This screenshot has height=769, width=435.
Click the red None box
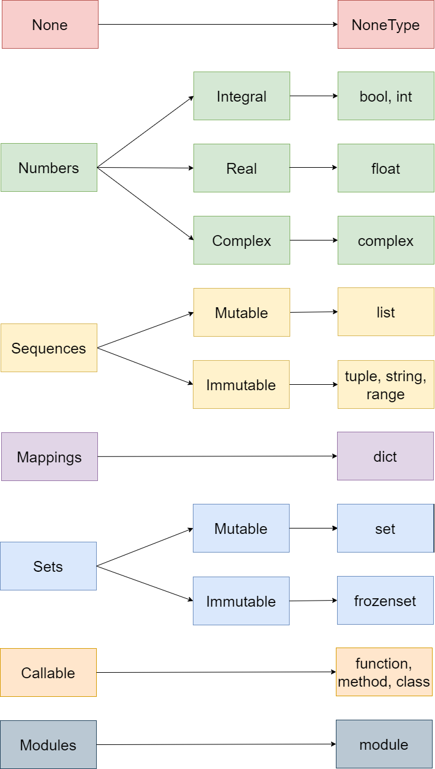[x=50, y=25]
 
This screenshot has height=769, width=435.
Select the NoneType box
[x=386, y=25]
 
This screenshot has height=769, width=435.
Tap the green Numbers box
[x=49, y=168]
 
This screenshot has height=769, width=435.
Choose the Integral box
[x=242, y=96]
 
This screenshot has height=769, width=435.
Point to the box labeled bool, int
[x=386, y=96]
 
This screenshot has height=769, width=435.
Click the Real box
[x=242, y=168]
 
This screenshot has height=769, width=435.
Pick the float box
[x=386, y=168]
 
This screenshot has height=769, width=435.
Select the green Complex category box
[x=242, y=241]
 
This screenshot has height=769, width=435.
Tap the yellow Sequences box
[x=49, y=348]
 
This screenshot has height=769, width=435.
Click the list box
[x=386, y=312]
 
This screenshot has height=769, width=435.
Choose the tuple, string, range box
[x=386, y=385]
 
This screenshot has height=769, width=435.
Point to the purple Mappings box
[x=49, y=457]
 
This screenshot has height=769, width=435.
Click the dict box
[x=385, y=456]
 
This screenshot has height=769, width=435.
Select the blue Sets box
[x=48, y=566]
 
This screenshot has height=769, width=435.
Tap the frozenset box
[x=385, y=601]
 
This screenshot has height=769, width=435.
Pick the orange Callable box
[x=48, y=673]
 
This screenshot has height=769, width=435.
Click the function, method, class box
[x=384, y=672]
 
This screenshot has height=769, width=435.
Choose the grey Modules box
[x=48, y=745]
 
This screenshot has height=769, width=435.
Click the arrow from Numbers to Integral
[x=145, y=132]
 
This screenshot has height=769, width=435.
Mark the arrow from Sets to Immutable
[x=145, y=583]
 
